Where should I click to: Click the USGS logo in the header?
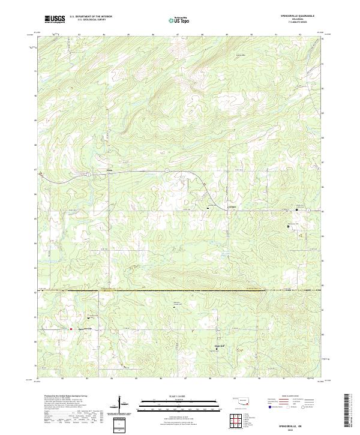coord(55,19)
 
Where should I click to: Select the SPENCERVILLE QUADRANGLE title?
coord(298,16)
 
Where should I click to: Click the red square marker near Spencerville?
coord(72,329)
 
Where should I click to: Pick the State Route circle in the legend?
coord(294,407)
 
